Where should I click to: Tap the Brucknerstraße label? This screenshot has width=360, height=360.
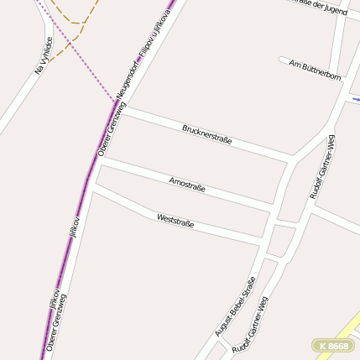[206, 133]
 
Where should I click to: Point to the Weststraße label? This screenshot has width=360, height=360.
[175, 222]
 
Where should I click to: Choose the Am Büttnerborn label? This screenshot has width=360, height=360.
[315, 70]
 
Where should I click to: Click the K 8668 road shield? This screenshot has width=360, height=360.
[332, 345]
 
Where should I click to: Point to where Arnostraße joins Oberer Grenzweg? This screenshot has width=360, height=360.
[100, 159]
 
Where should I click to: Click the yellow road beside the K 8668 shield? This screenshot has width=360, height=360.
[346, 327]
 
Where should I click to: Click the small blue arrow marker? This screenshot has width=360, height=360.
[355, 99]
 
